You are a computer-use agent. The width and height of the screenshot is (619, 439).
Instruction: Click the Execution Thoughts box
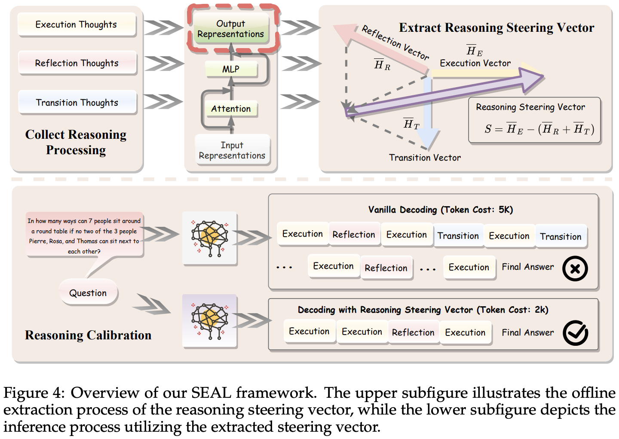pyautogui.click(x=77, y=24)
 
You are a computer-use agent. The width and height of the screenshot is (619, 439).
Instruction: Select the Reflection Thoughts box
pyautogui.click(x=77, y=63)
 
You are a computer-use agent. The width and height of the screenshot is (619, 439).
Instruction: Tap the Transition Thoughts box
pyautogui.click(x=77, y=103)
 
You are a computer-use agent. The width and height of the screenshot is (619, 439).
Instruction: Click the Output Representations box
pyautogui.click(x=231, y=29)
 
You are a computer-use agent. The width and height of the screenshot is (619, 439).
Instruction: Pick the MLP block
pyautogui.click(x=231, y=69)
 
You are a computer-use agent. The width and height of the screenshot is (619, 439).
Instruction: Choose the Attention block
pyautogui.click(x=231, y=109)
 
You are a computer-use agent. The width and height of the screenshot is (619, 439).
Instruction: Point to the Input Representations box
pyautogui.click(x=232, y=150)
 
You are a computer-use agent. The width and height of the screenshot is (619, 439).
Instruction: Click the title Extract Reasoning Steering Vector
pyautogui.click(x=496, y=28)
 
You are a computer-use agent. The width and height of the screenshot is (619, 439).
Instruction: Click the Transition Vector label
pyautogui.click(x=425, y=158)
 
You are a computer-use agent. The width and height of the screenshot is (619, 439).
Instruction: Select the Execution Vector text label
pyautogui.click(x=475, y=63)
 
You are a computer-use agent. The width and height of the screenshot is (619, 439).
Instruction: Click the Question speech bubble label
pyautogui.click(x=88, y=293)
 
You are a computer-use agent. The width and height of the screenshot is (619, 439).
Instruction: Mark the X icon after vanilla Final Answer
pyautogui.click(x=575, y=268)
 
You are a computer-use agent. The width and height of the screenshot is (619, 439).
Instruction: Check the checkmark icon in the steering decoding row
pyautogui.click(x=575, y=333)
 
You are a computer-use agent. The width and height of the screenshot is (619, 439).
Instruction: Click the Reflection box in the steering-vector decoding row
pyautogui.click(x=413, y=332)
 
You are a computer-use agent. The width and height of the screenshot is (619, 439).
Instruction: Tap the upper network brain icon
pyautogui.click(x=210, y=238)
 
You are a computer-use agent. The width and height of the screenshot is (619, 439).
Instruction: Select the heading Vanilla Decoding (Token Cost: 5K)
pyautogui.click(x=440, y=210)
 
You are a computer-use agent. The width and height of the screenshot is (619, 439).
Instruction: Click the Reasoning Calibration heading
pyautogui.click(x=88, y=335)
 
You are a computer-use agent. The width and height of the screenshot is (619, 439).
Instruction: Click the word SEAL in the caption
pyautogui.click(x=211, y=393)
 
